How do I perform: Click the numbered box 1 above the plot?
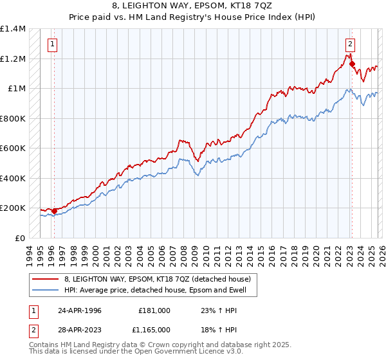51,44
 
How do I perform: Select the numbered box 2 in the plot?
350,44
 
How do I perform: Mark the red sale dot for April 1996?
55,210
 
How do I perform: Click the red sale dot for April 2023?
352,64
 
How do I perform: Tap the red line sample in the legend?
46,279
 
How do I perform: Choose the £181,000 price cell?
154,310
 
